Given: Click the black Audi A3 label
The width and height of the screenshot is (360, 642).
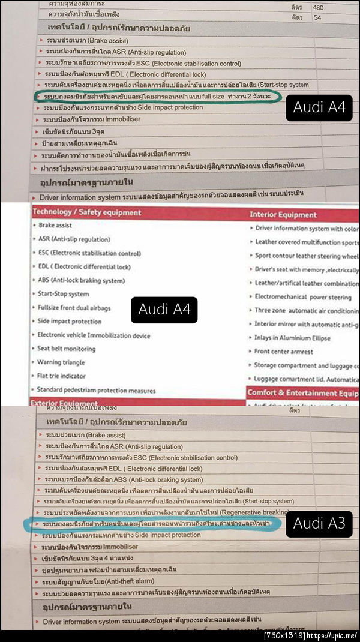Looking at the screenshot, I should (x=319, y=523).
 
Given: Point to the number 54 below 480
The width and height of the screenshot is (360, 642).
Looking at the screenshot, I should (x=317, y=17).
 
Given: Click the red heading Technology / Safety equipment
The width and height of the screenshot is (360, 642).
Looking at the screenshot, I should (x=87, y=212).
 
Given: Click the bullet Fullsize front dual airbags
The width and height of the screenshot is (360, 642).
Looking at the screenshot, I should (x=74, y=308).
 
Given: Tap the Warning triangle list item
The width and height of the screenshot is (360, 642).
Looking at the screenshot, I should (x=61, y=362).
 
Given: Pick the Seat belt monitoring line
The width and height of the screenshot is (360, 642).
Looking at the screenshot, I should (x=66, y=349).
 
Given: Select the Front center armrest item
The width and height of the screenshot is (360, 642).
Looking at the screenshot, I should (x=284, y=351).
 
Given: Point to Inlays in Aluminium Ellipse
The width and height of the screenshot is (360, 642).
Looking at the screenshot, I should (x=292, y=337).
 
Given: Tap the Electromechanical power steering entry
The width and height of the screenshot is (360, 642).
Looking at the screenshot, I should (x=303, y=296).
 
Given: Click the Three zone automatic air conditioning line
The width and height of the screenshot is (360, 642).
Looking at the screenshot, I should (x=306, y=310).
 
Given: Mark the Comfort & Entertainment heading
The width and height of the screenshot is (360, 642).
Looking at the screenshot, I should (x=303, y=393).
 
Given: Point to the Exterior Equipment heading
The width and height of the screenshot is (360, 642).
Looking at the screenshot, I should (x=64, y=403).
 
